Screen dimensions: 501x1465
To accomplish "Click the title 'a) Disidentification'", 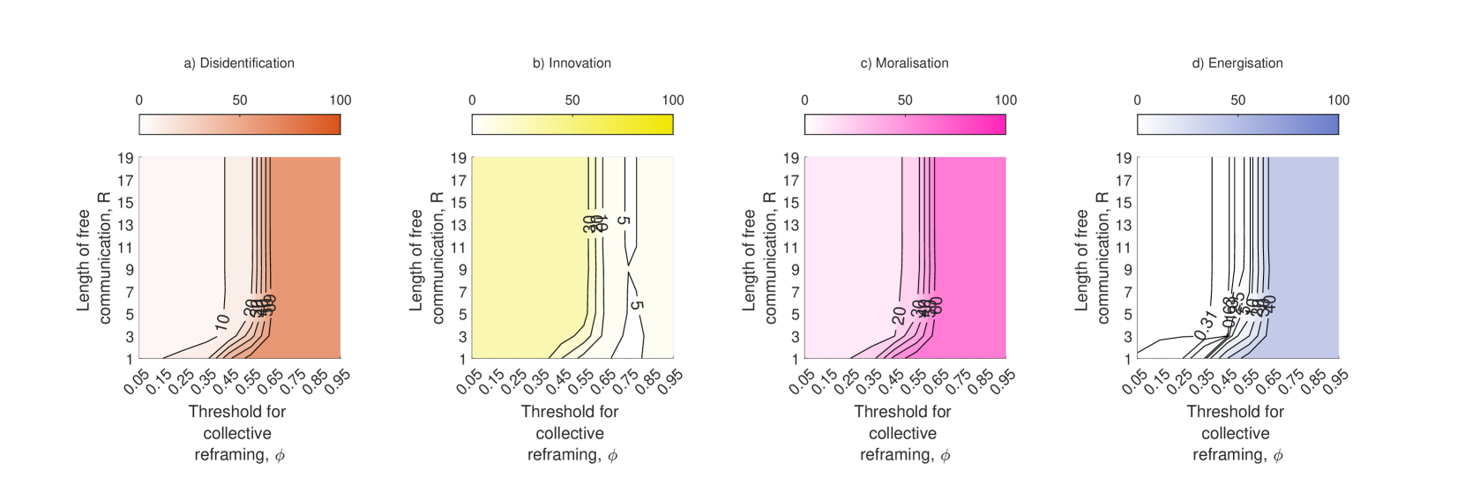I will (x=239, y=64).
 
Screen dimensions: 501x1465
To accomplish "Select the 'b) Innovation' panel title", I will (x=572, y=64).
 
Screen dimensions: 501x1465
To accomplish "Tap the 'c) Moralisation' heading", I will (x=904, y=64).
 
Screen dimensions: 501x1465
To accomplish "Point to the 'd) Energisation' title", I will (x=1237, y=64).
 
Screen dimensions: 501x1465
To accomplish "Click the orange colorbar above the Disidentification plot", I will (x=240, y=124).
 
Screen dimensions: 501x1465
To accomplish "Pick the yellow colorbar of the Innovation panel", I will (x=572, y=124).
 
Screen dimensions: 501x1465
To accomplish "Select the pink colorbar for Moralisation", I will (x=905, y=124).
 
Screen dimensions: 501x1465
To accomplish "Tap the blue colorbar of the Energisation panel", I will (x=1237, y=124).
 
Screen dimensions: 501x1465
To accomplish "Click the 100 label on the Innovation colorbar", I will (x=673, y=101).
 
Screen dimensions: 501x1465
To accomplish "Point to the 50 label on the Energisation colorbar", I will (x=1237, y=101).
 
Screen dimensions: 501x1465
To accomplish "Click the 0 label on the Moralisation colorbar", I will (x=804, y=101).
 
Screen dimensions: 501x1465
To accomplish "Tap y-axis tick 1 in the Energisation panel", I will (x=1125, y=359).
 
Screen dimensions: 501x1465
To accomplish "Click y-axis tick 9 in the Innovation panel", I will (x=460, y=270).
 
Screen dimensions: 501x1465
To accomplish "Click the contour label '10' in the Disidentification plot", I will (x=221, y=322).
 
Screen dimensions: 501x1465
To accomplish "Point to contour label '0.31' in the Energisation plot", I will (x=1205, y=324).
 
